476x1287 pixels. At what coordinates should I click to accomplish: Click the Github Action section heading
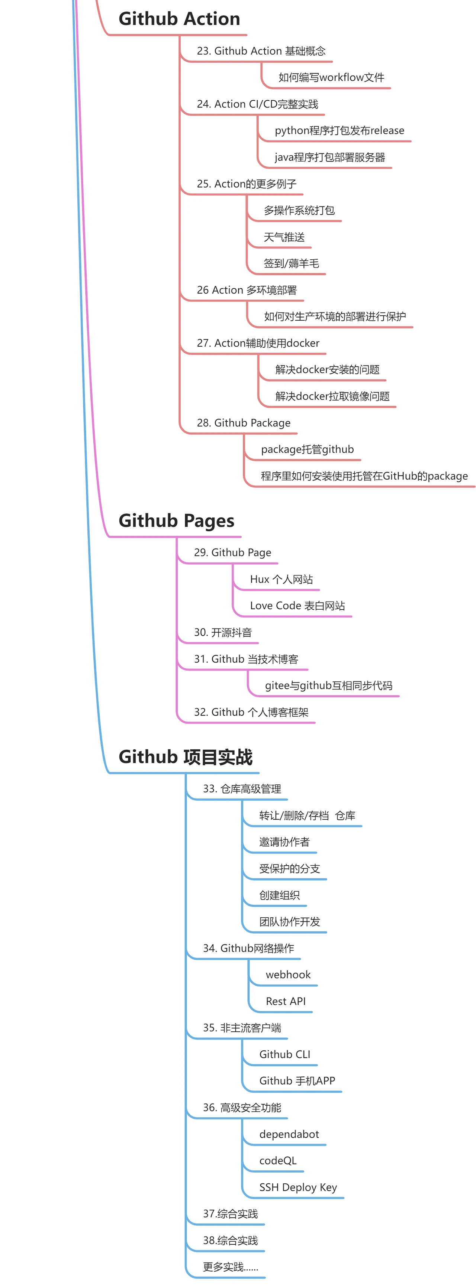[179, 19]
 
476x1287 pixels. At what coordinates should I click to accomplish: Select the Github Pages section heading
[176, 521]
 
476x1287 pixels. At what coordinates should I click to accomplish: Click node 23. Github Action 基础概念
[261, 51]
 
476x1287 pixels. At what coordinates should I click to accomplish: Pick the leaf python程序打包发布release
[339, 130]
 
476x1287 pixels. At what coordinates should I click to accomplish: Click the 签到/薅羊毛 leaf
[291, 263]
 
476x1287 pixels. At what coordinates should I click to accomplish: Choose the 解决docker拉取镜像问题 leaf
[332, 396]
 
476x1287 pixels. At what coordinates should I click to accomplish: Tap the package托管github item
[307, 449]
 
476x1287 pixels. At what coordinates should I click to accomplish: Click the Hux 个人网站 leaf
[281, 579]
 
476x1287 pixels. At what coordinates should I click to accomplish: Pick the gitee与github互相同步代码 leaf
[328, 685]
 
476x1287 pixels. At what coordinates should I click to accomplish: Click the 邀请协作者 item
[284, 842]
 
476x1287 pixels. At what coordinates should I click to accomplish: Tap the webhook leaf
[288, 975]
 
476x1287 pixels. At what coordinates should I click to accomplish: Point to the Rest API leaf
[286, 1001]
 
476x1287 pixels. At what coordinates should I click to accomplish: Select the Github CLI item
[284, 1054]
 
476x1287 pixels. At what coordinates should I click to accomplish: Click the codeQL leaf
[277, 1161]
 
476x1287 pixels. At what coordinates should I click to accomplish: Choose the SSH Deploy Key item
[298, 1187]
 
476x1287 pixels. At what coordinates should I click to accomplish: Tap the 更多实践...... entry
[230, 1267]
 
